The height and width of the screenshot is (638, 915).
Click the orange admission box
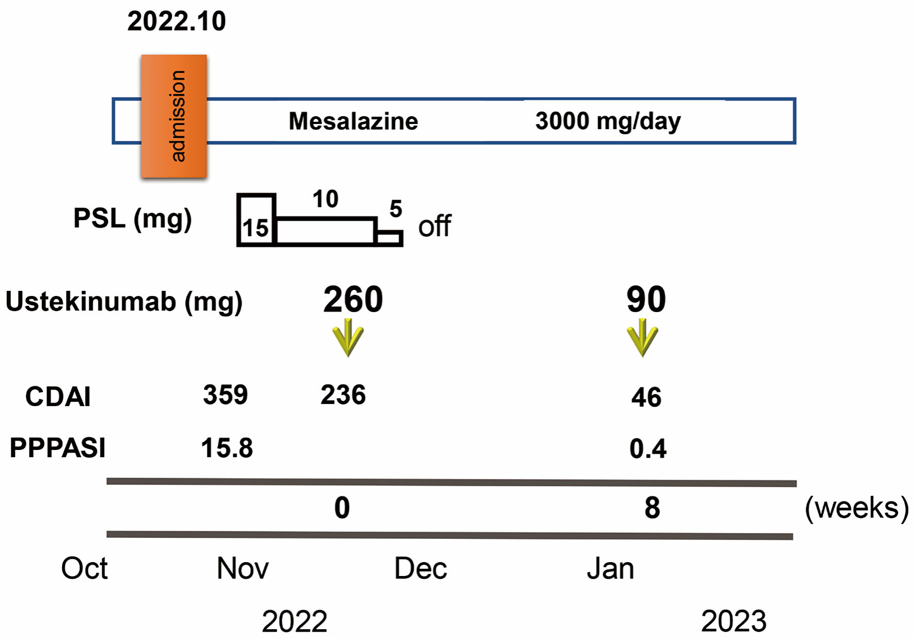(174, 116)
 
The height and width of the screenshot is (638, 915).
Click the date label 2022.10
(177, 22)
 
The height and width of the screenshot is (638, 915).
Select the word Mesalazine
(353, 121)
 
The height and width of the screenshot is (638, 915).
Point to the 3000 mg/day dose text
(608, 121)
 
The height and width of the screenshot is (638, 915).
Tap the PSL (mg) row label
(132, 219)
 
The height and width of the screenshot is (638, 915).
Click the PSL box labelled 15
(256, 220)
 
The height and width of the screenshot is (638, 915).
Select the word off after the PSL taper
(434, 226)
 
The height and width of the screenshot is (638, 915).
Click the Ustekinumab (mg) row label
(124, 302)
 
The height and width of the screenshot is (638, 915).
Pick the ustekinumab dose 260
(353, 300)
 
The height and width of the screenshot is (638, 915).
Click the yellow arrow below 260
(348, 338)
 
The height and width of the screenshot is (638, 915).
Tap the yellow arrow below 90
(642, 338)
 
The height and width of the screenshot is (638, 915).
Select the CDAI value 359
(225, 395)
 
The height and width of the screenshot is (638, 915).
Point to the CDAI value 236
(343, 395)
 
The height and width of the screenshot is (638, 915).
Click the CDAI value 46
(646, 398)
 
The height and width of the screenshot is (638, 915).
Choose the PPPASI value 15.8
(227, 448)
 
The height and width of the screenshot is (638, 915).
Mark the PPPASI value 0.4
(648, 448)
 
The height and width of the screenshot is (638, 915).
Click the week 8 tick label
(652, 508)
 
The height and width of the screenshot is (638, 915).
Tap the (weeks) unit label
(857, 508)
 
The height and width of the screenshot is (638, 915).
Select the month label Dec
(420, 569)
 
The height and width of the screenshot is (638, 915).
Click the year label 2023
(733, 621)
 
